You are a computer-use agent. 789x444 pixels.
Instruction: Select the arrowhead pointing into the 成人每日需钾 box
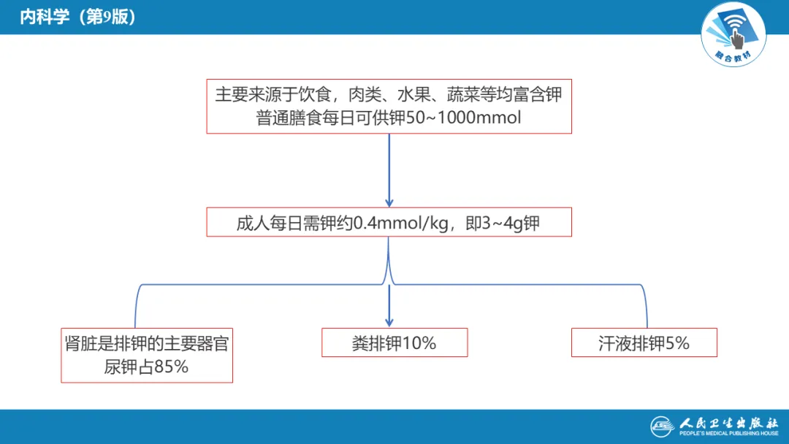click(x=389, y=202)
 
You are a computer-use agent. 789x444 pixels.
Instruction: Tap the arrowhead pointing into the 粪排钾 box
click(x=389, y=321)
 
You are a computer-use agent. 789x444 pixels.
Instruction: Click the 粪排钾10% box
click(x=394, y=342)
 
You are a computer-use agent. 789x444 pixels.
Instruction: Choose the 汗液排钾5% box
click(x=644, y=342)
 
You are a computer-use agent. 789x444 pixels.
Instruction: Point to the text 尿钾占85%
click(x=146, y=367)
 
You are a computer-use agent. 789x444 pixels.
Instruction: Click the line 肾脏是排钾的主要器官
click(x=146, y=344)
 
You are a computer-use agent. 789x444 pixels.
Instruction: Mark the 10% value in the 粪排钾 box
click(x=419, y=342)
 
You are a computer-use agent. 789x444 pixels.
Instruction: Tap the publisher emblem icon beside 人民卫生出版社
click(x=663, y=426)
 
